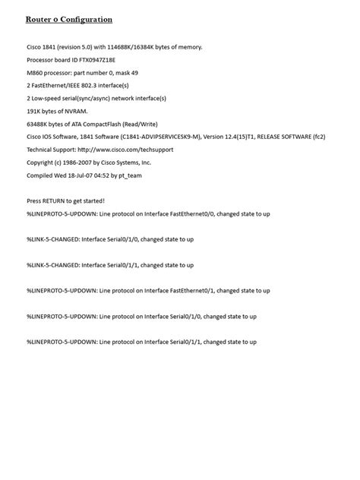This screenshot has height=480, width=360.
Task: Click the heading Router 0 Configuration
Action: point(69,19)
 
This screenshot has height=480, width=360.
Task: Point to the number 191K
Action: point(35,111)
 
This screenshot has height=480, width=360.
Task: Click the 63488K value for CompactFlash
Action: point(39,124)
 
